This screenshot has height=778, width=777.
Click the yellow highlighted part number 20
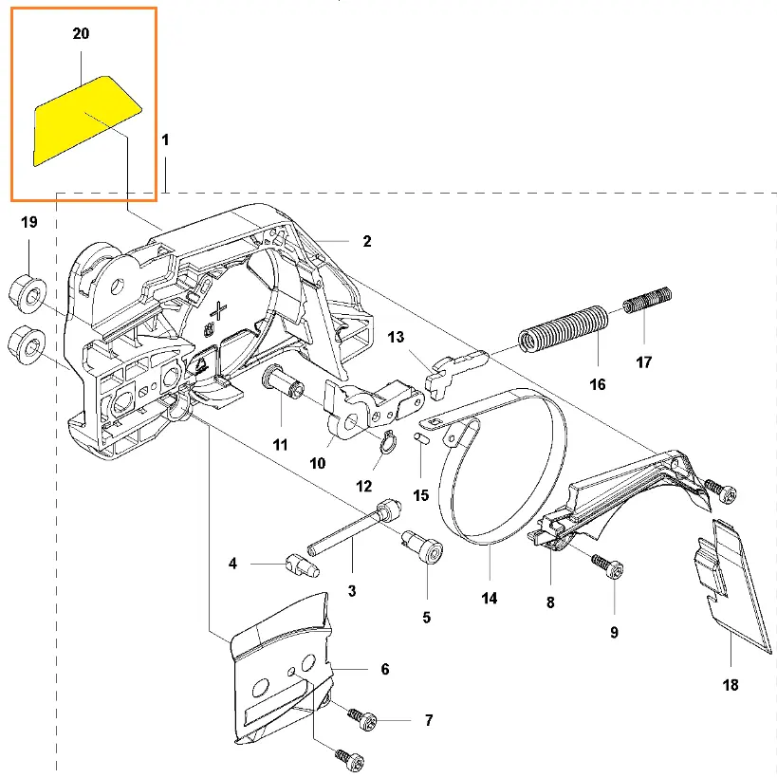83,121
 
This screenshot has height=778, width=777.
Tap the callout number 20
82,34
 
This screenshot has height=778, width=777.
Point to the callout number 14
489,599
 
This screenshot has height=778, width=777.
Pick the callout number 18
731,684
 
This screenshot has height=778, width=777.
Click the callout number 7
429,721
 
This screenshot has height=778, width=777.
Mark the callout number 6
384,669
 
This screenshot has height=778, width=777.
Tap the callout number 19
29,223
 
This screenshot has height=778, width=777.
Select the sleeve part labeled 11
280,385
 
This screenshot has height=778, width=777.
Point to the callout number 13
396,337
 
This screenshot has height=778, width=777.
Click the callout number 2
366,242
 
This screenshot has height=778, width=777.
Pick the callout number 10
317,463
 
